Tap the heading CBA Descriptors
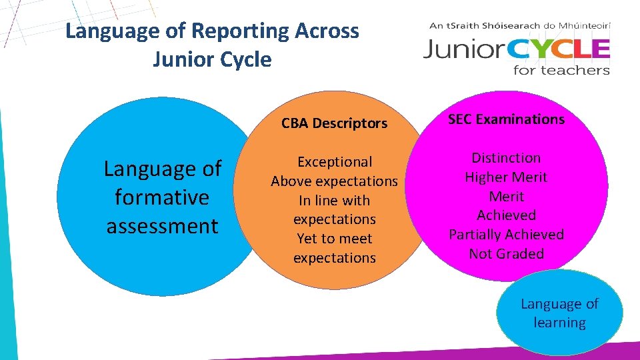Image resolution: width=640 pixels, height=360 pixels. click(x=334, y=123)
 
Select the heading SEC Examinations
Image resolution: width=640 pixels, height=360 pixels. click(x=506, y=119)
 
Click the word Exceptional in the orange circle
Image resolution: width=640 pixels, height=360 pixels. click(x=334, y=162)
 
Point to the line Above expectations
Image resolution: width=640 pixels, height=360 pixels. click(x=334, y=181)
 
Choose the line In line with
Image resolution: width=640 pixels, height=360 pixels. click(x=334, y=201)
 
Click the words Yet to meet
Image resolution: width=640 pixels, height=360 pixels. click(x=334, y=239)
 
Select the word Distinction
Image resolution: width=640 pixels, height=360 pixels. click(x=506, y=158)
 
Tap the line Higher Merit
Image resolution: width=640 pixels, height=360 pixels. click(x=506, y=177)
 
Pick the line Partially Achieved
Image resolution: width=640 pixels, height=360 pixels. click(x=506, y=235)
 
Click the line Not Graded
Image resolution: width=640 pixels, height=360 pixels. click(x=506, y=254)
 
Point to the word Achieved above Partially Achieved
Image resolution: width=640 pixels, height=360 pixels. click(x=506, y=215)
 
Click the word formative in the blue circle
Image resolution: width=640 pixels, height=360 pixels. click(x=162, y=197)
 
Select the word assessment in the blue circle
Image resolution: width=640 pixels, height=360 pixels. click(x=162, y=226)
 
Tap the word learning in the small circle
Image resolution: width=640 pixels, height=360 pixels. click(x=559, y=323)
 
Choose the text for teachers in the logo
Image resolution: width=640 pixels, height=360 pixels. click(x=561, y=69)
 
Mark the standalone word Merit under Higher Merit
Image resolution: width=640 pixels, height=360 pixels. click(x=506, y=197)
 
